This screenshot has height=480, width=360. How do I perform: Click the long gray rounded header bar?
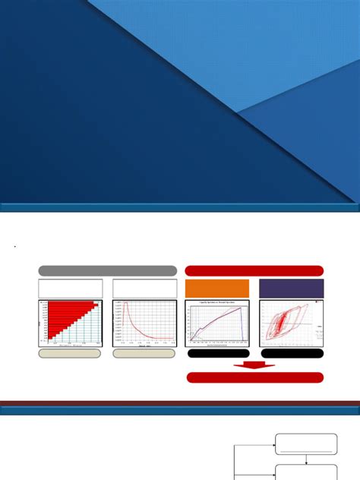107,270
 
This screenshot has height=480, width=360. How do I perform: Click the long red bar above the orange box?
254,270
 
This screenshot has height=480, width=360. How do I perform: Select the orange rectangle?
217,289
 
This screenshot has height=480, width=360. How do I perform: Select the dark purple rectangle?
291,289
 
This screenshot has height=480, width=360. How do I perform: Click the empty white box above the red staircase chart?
70,289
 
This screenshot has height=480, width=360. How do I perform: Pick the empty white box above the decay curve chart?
144,289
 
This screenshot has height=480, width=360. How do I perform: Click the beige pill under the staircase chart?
70,353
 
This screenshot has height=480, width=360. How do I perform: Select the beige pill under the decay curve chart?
144,353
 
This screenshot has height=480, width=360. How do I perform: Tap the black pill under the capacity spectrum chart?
217,353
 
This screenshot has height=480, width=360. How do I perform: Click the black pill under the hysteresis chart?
291,353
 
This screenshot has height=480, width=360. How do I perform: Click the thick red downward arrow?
254,365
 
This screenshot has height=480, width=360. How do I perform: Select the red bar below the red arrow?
254,377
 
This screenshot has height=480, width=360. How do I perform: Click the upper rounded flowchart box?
305,444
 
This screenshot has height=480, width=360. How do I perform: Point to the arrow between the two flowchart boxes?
305,459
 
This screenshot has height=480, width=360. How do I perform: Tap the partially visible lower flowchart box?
305,472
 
